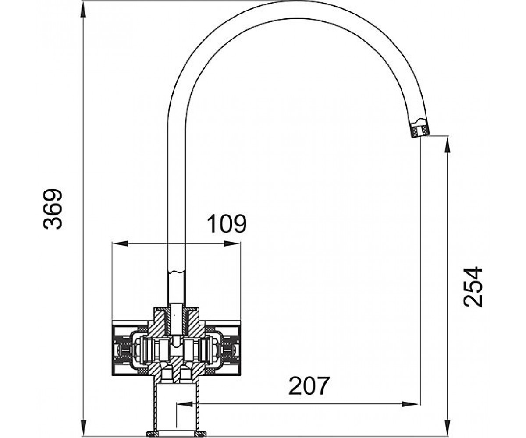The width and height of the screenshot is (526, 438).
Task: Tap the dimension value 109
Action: click(227, 223)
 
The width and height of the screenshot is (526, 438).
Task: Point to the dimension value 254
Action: click(473, 287)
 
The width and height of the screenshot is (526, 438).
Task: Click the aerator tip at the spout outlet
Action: click(420, 131)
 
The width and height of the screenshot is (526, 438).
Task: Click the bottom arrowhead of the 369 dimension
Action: click(83, 425)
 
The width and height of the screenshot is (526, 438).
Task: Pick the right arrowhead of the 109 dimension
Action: click(232, 244)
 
